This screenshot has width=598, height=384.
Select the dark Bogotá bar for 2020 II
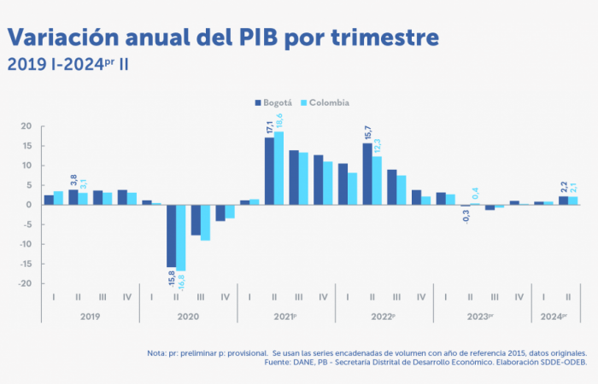tap(171, 236)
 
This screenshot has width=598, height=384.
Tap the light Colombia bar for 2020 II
tap(180, 238)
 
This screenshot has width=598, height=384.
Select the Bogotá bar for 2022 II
tap(367, 173)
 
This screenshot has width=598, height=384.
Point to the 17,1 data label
tap(269, 127)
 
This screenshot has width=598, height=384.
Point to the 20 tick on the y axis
tap(26, 126)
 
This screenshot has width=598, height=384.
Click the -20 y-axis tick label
tap(25, 283)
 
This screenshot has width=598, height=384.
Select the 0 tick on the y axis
tap(29, 205)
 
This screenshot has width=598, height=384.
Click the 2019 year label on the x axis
tap(90, 316)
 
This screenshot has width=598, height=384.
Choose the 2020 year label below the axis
tap(188, 316)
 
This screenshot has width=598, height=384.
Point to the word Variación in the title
tap(59, 38)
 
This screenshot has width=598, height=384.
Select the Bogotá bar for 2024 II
tap(563, 201)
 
